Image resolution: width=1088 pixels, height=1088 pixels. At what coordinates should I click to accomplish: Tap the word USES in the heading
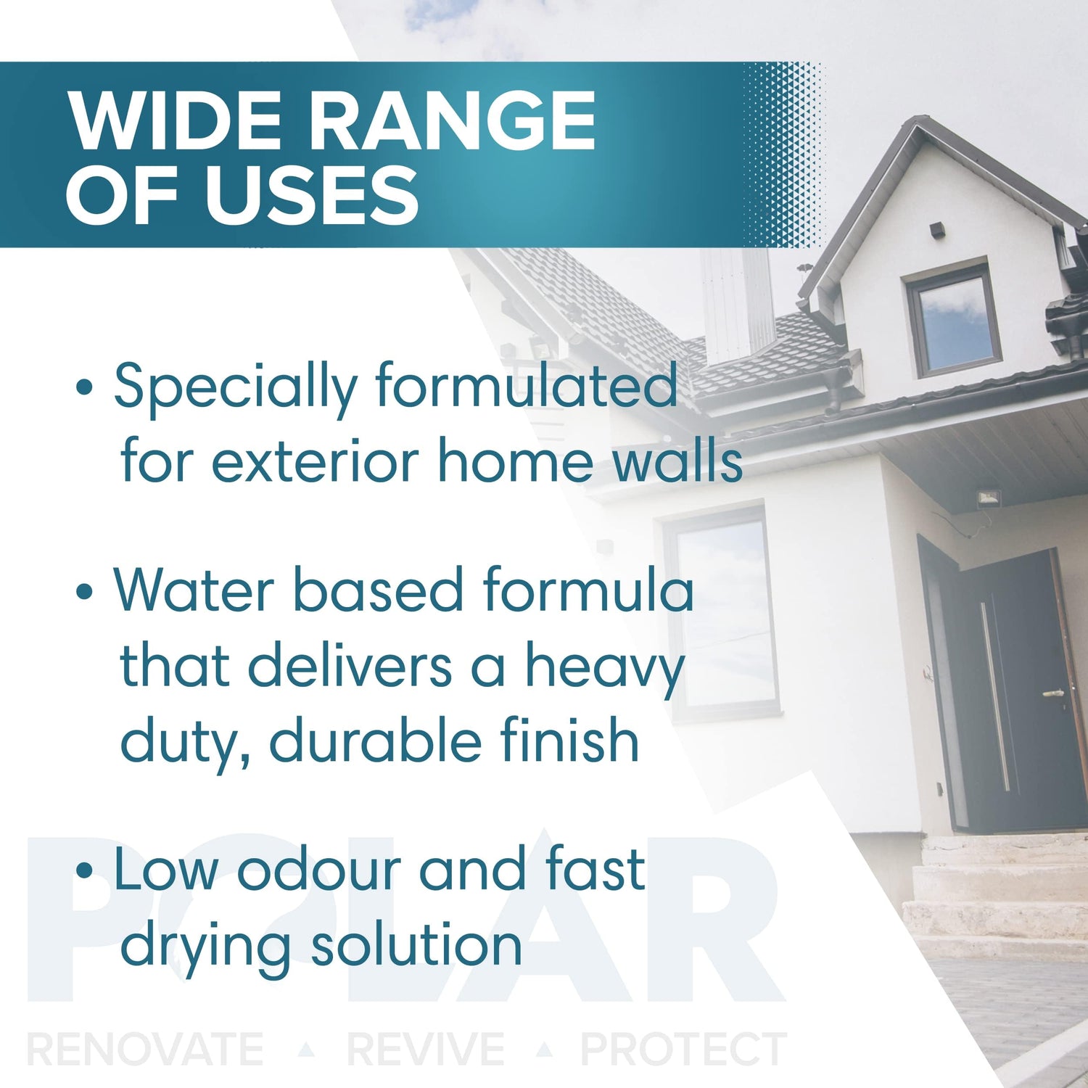pos(311,194)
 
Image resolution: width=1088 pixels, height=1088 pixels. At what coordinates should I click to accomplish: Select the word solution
pos(416,945)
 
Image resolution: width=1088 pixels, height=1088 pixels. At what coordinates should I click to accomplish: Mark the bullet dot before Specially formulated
pos(85,387)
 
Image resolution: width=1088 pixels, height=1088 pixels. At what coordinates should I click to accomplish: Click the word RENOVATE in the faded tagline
pos(145,1049)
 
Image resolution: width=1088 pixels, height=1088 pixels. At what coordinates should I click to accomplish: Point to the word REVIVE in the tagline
pos(426,1049)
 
